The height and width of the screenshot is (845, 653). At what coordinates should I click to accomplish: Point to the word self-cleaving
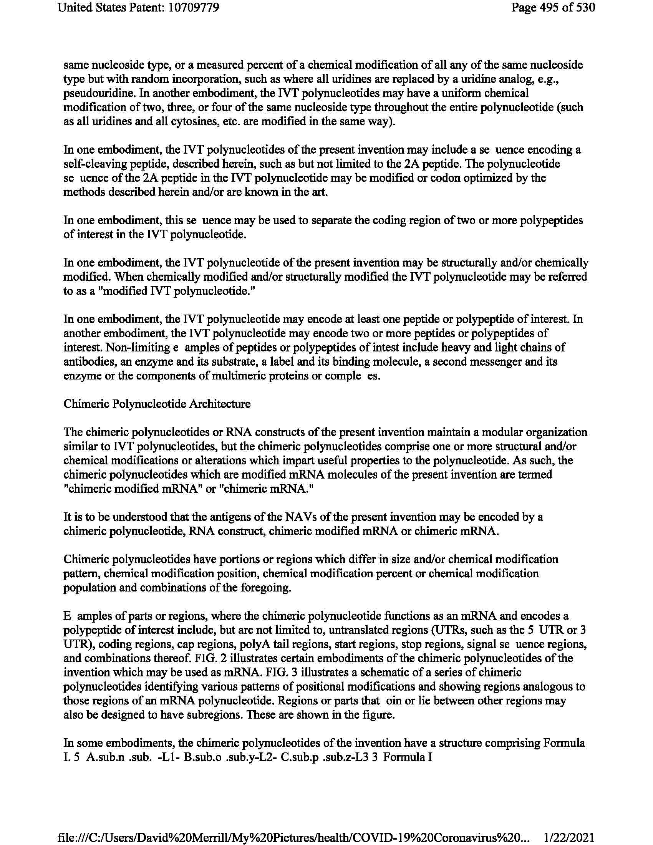click(88, 164)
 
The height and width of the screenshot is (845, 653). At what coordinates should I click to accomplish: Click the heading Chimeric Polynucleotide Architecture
click(157, 404)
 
